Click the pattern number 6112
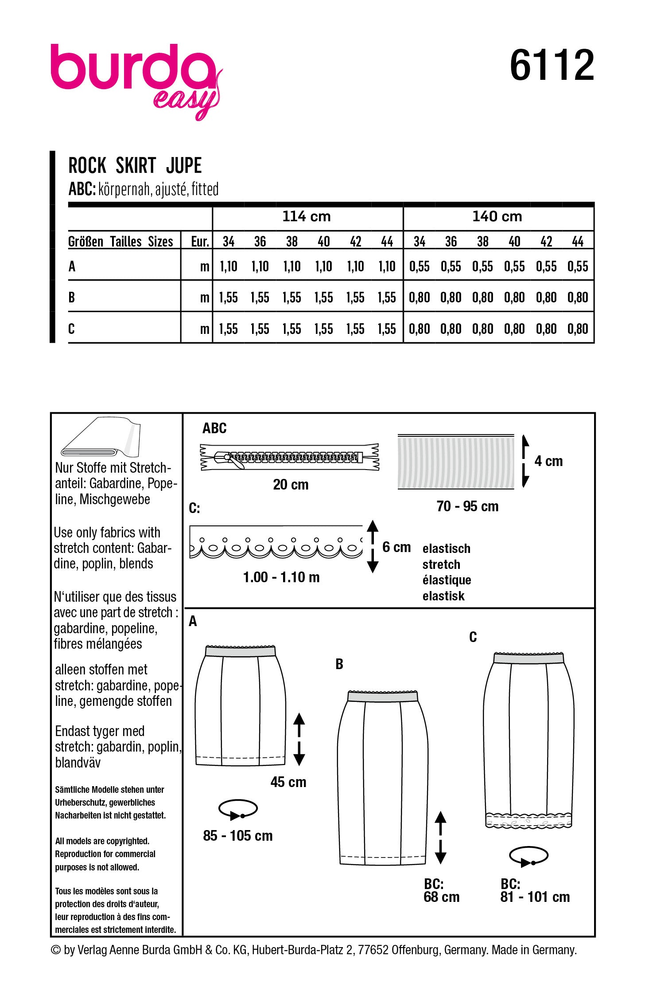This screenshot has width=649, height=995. click(552, 65)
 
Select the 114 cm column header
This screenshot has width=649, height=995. click(307, 216)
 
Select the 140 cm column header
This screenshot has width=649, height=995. click(497, 216)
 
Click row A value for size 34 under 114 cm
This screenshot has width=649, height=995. click(229, 266)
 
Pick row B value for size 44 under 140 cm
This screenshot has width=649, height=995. click(578, 298)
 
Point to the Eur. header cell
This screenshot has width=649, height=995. click(200, 242)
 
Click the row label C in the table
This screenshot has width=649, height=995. click(72, 329)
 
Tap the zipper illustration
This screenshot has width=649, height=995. click(290, 457)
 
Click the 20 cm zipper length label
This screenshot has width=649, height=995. click(291, 485)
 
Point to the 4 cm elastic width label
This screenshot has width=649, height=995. click(548, 461)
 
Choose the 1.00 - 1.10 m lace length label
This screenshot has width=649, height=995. click(281, 577)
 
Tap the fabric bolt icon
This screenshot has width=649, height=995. click(101, 438)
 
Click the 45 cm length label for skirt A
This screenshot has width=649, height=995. click(288, 782)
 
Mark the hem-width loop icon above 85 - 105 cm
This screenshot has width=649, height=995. click(238, 809)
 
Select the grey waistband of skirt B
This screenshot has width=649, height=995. click(383, 697)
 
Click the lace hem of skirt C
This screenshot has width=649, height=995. click(529, 820)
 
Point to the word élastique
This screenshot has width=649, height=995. click(447, 580)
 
